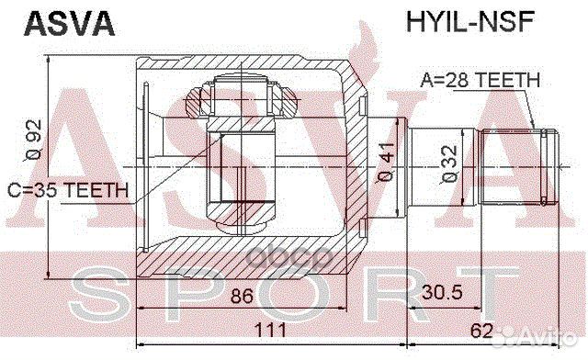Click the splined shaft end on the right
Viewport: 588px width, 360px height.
520,166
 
